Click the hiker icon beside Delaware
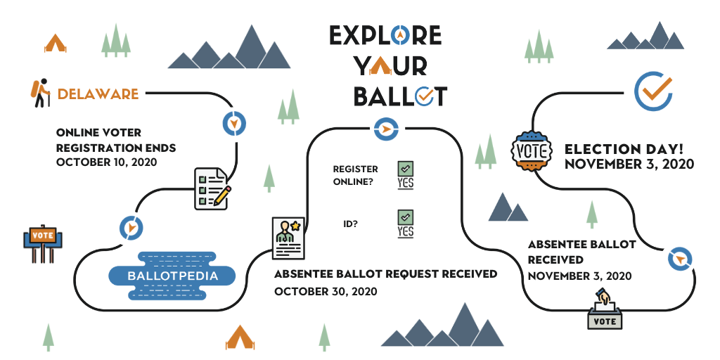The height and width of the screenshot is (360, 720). click(x=40, y=93)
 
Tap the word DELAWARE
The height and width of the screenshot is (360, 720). click(x=98, y=94)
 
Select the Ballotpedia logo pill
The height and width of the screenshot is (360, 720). click(x=172, y=276)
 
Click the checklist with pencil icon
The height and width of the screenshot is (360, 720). click(x=212, y=188)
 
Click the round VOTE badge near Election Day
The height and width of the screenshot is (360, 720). click(x=532, y=151)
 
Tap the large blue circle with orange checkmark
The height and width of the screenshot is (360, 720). click(x=653, y=91)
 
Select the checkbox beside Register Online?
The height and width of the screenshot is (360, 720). click(x=406, y=169)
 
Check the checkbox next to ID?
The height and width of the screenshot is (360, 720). click(x=406, y=217)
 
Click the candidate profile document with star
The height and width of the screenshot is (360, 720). click(x=288, y=238)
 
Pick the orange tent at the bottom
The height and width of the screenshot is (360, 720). click(x=240, y=337)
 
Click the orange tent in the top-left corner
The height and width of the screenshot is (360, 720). click(x=55, y=43)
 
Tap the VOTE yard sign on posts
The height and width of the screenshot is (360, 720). click(x=43, y=243)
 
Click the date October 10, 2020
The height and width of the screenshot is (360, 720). click(x=107, y=162)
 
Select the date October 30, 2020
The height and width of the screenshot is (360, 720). click(x=326, y=292)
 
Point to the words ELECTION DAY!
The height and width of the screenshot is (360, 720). click(x=624, y=149)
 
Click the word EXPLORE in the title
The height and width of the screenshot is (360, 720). click(x=385, y=35)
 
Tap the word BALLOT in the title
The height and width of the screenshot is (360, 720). click(x=400, y=96)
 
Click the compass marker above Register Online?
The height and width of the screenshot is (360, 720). click(x=386, y=129)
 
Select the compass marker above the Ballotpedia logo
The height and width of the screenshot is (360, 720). click(x=131, y=227)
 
